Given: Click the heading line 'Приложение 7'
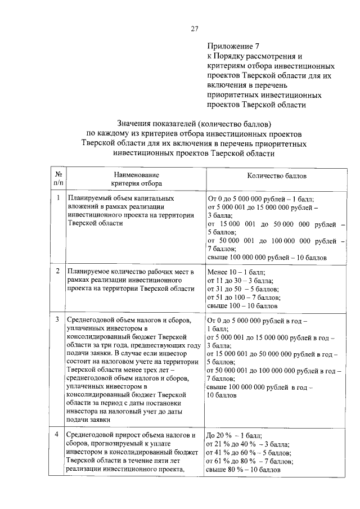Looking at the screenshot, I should [232, 47].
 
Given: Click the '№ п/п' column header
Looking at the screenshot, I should [58, 179].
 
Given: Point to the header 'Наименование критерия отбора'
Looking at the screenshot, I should [136, 179].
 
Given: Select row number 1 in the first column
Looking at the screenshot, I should [58, 199].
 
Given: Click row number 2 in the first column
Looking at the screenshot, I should [58, 271].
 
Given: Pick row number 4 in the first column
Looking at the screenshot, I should [58, 434].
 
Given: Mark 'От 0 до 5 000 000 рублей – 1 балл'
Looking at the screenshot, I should [261, 199].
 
